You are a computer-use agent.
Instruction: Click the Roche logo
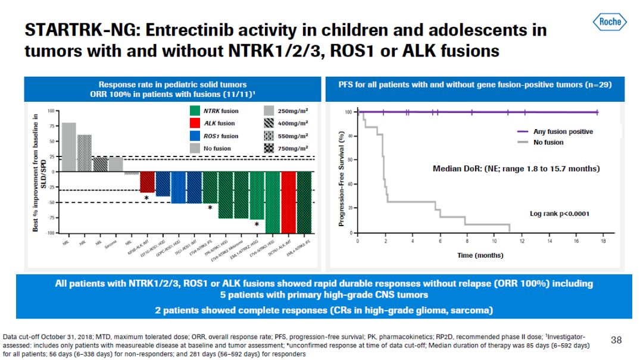(610, 22)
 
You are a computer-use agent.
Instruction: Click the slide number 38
(616, 340)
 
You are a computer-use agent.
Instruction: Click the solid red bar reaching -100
(289, 202)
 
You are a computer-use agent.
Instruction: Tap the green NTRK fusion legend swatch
(195, 111)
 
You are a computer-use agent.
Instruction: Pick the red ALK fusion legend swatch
(195, 123)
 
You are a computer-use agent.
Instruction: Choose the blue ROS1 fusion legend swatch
(195, 136)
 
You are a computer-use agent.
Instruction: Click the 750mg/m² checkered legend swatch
(269, 148)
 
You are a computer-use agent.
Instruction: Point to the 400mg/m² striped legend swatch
(269, 123)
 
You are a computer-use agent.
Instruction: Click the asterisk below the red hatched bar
(146, 198)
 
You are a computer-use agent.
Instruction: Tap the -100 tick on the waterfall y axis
(50, 233)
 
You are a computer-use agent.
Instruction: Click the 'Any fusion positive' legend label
(563, 132)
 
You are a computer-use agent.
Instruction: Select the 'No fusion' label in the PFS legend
(548, 142)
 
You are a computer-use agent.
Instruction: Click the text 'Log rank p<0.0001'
(560, 213)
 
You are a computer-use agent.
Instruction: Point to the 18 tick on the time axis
(603, 241)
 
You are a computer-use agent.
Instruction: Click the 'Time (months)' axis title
(480, 255)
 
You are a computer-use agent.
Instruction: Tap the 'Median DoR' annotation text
(516, 169)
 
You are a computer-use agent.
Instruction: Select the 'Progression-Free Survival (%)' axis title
(342, 179)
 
